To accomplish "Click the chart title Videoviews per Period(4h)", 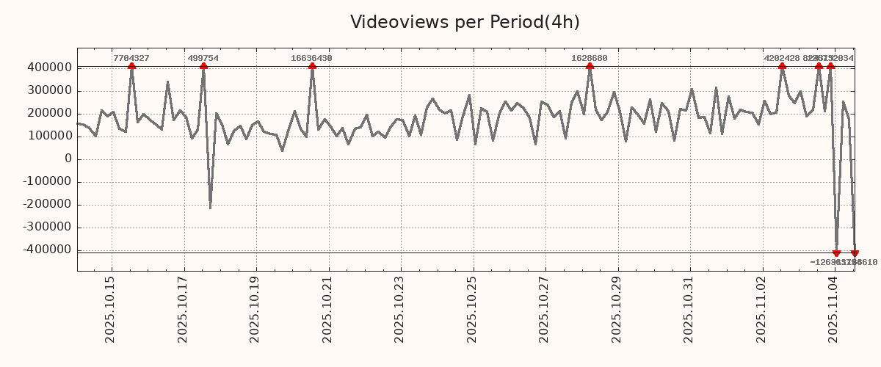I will [465, 22].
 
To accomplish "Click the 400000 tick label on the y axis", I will [48, 68].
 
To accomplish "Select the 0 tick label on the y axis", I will [68, 159].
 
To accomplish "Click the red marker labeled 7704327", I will [131, 67].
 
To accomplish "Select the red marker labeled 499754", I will [203, 67].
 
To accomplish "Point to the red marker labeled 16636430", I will [312, 67].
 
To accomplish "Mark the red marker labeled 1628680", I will [590, 67].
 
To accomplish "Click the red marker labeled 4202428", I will [782, 67].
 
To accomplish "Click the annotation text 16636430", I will [311, 58].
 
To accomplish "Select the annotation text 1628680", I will [590, 58].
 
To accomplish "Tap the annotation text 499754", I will [203, 58].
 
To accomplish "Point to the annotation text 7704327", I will [131, 58].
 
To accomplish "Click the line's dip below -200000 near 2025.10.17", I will [210, 208].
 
